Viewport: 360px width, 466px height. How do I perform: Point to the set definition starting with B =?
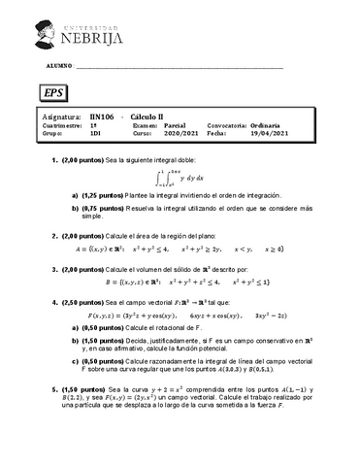pyautogui.click(x=193, y=286)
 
